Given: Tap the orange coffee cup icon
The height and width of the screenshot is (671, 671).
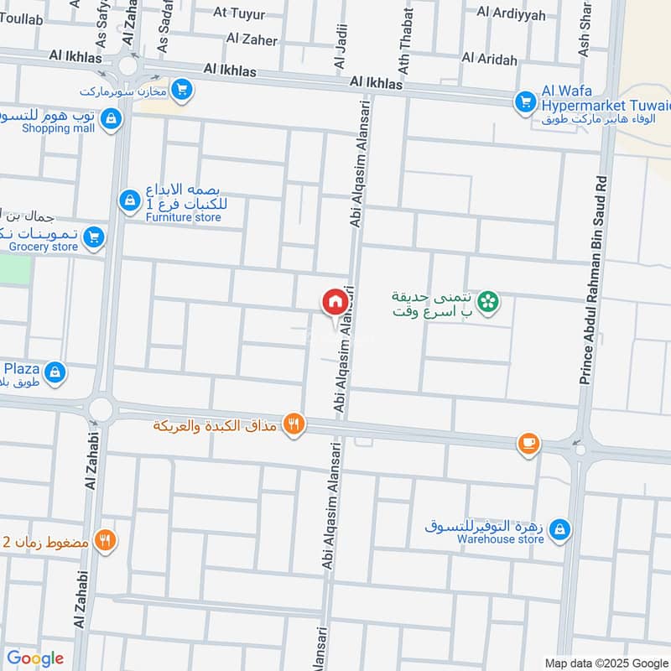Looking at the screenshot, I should pyautogui.click(x=528, y=443).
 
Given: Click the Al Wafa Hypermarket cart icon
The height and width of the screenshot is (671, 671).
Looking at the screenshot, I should pyautogui.click(x=525, y=101).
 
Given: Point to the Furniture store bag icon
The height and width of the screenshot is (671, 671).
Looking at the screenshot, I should pyautogui.click(x=129, y=200).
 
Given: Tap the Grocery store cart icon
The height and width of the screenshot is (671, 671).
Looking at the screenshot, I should pyautogui.click(x=95, y=238).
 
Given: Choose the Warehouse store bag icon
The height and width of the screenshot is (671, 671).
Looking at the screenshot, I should pyautogui.click(x=561, y=529).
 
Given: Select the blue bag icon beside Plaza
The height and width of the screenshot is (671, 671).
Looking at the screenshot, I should pyautogui.click(x=55, y=372).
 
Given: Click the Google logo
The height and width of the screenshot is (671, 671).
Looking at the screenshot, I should pyautogui.click(x=34, y=658).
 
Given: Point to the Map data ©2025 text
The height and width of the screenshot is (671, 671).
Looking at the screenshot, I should pyautogui.click(x=606, y=662).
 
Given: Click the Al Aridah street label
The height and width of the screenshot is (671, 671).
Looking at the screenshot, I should pyautogui.click(x=489, y=58).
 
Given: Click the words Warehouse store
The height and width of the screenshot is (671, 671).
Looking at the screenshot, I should pyautogui.click(x=500, y=539).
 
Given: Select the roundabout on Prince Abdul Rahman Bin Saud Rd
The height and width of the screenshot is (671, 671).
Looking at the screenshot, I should pyautogui.click(x=579, y=450).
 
